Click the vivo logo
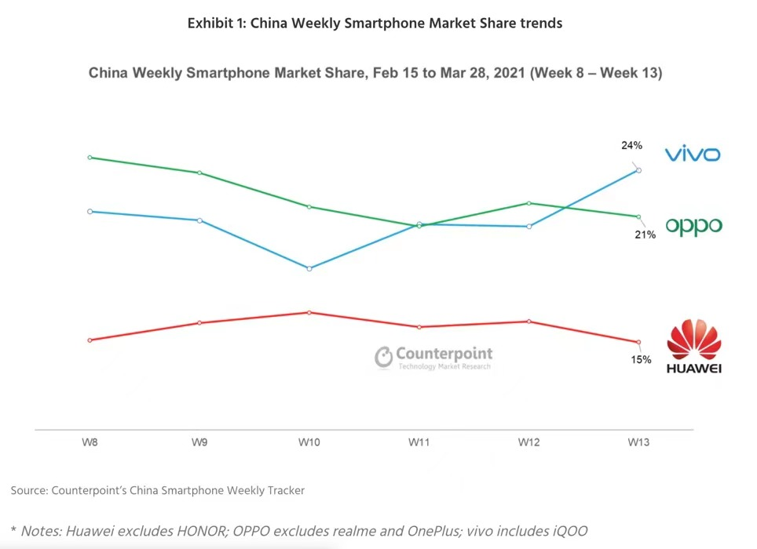tap(693, 154)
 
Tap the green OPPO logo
tap(693, 226)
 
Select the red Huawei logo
tap(693, 346)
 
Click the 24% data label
tap(631, 145)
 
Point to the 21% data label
tap(645, 235)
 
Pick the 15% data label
tap(641, 359)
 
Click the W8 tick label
tap(90, 442)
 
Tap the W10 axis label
tap(309, 442)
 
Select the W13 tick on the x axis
tap(638, 442)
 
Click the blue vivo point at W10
tap(309, 268)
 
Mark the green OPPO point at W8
tap(90, 158)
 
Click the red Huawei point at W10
tap(309, 312)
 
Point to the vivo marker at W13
tap(638, 170)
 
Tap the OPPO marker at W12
tap(529, 203)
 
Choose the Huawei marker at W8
tap(90, 340)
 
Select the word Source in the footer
tap(29, 490)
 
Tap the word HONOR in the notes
tap(202, 531)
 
